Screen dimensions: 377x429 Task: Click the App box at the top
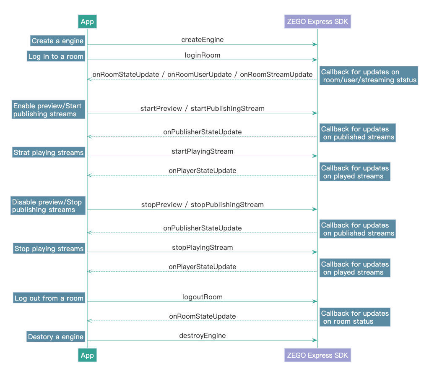(x=87, y=22)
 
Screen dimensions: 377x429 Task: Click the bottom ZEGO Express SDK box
(x=317, y=355)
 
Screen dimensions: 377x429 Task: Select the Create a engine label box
(x=57, y=41)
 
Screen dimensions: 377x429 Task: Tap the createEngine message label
(x=202, y=40)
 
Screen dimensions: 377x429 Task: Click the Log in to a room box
(x=56, y=56)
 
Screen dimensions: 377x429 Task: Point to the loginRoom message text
(x=202, y=55)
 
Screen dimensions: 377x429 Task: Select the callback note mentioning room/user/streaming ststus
(x=368, y=76)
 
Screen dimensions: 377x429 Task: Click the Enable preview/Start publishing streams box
(x=48, y=110)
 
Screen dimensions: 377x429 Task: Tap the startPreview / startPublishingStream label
(x=202, y=108)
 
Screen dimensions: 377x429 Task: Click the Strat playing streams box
(x=48, y=152)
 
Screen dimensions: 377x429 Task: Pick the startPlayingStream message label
(x=202, y=151)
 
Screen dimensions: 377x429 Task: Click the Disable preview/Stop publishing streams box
(x=47, y=206)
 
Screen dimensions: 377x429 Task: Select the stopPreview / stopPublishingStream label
(x=202, y=205)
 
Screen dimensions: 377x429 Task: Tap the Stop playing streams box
(x=49, y=249)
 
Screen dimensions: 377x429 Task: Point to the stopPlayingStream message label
(x=202, y=247)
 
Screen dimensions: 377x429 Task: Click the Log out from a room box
(x=49, y=298)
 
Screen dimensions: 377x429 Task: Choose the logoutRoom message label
(x=202, y=297)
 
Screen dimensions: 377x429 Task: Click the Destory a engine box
(x=55, y=337)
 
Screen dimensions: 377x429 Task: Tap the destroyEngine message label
(x=202, y=335)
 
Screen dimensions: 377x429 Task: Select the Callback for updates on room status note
(x=354, y=317)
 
